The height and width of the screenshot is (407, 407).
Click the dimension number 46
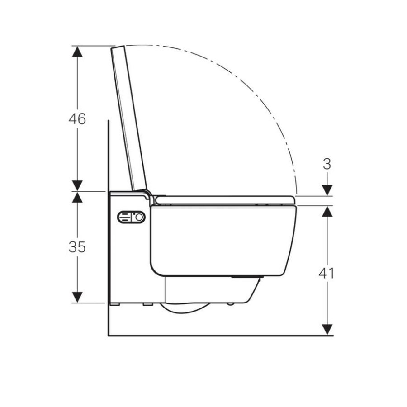point(77,119)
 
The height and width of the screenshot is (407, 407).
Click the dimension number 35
point(77,247)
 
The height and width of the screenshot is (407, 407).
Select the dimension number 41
point(327,273)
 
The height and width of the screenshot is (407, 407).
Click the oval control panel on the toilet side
point(132,218)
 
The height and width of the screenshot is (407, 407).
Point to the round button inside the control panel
point(140,218)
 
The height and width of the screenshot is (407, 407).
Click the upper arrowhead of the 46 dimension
point(77,51)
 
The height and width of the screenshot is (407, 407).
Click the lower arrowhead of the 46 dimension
point(77,185)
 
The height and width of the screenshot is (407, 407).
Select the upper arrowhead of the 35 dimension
point(77,197)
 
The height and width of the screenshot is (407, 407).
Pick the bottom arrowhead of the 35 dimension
point(77,297)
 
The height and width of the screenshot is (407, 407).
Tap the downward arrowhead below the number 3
point(327,190)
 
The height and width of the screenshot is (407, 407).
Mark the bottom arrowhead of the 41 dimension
point(327,330)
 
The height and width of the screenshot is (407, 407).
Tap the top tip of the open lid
point(118,47)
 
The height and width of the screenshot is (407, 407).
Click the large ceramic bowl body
point(222,240)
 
